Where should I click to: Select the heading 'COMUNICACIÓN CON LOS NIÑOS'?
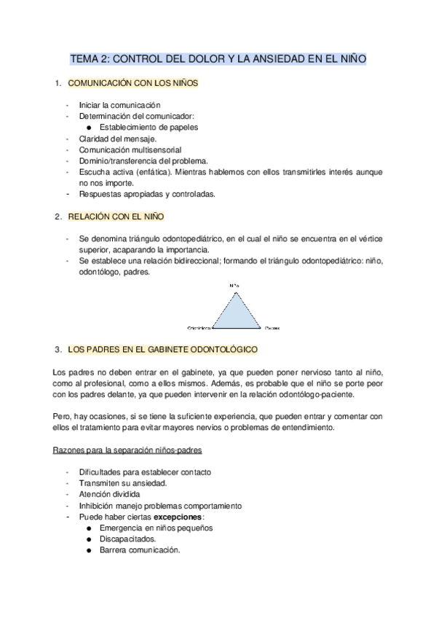(x=132, y=84)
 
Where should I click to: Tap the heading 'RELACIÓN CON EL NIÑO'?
(x=116, y=216)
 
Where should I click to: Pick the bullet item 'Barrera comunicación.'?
(x=139, y=550)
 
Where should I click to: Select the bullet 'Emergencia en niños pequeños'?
(x=156, y=528)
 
